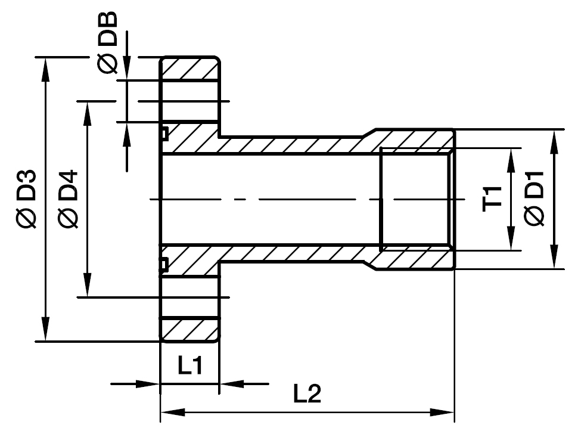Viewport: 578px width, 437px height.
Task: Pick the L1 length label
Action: [x=190, y=365]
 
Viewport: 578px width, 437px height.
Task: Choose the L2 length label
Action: [x=307, y=393]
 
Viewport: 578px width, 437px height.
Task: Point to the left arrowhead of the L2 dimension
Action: [x=170, y=412]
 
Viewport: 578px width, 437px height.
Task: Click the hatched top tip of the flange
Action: [x=190, y=69]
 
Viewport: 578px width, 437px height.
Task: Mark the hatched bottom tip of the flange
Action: [x=190, y=328]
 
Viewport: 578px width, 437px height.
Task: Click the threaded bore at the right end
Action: [x=415, y=199]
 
